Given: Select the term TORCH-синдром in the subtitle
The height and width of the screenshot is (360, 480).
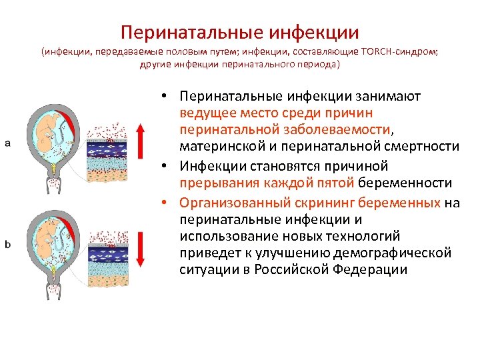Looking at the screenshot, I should coord(390,52).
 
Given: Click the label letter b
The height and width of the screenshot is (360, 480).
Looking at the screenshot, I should coord(8,244).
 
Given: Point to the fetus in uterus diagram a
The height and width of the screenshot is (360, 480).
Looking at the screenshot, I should coord(49,129).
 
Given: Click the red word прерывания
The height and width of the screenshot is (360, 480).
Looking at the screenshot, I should coord(214,182).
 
